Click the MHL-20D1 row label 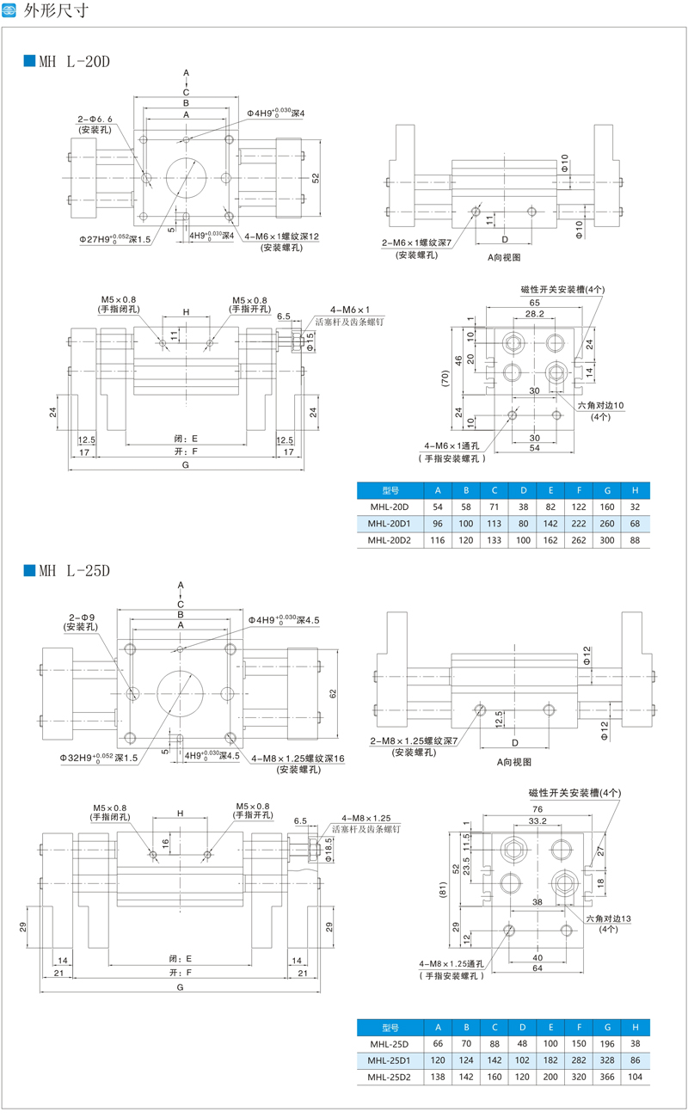click(390, 523)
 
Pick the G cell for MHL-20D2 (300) click(607, 539)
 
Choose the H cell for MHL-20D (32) click(635, 507)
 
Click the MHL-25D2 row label click(390, 1076)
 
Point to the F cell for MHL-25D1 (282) click(579, 1060)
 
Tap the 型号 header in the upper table click(390, 490)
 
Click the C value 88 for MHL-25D click(494, 1043)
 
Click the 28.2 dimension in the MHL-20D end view click(534, 315)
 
